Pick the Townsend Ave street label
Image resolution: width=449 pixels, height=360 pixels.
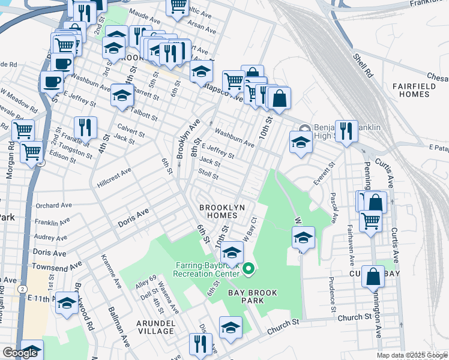click(58, 265)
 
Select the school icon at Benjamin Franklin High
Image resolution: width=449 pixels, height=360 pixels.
click(301, 142)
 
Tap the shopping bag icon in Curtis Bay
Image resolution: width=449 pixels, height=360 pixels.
click(373, 277)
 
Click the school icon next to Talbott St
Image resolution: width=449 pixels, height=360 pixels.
click(122, 95)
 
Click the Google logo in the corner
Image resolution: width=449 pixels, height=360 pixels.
click(20, 353)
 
